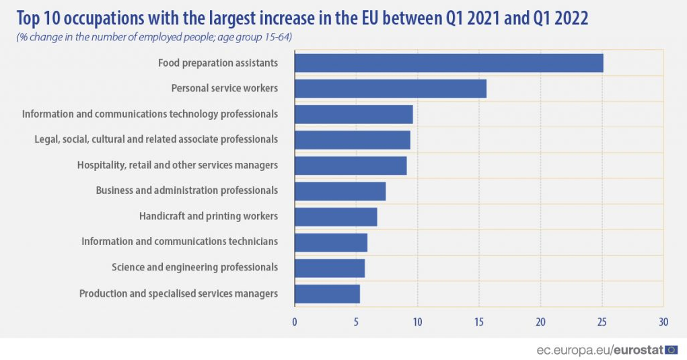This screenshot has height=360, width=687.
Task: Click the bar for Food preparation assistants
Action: click(449, 63)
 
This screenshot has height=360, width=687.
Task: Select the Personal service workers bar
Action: click(390, 88)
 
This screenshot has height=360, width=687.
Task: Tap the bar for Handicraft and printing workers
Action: click(336, 217)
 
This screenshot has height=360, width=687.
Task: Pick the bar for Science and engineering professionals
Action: click(330, 268)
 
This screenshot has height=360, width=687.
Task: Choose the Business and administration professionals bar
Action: click(340, 191)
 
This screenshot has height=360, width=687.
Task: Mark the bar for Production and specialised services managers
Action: click(327, 294)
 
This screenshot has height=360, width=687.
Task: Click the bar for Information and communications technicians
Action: click(331, 242)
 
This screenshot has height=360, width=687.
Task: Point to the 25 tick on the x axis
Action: click(602, 322)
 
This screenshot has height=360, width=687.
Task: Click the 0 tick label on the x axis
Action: click(295, 322)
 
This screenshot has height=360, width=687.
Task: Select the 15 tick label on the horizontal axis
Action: click(479, 322)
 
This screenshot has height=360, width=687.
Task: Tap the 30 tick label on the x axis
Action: click(663, 322)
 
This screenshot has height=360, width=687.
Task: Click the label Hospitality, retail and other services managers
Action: click(178, 165)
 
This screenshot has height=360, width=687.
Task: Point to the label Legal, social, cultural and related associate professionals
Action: click(156, 139)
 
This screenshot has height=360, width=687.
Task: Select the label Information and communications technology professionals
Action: click(150, 114)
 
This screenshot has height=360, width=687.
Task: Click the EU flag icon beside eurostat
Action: click(672, 349)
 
